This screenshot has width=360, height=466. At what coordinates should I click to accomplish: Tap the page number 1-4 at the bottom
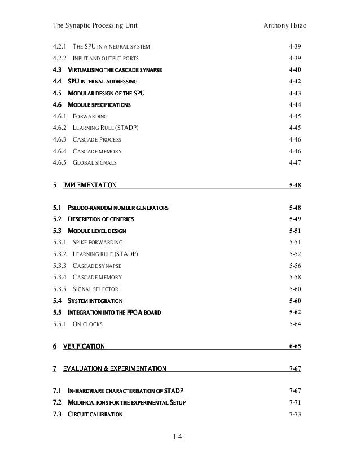(x=179, y=436)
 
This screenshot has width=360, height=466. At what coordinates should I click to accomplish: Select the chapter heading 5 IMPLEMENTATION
(x=85, y=185)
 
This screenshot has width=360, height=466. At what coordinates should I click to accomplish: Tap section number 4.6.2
(x=59, y=128)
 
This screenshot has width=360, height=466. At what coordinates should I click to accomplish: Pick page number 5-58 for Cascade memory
(x=295, y=277)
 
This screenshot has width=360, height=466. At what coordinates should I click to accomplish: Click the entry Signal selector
(x=96, y=289)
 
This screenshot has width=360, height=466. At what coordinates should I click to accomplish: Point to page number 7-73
(x=295, y=414)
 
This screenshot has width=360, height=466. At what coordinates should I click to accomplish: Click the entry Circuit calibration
(x=95, y=414)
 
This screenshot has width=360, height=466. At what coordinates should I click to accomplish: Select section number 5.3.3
(x=59, y=266)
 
